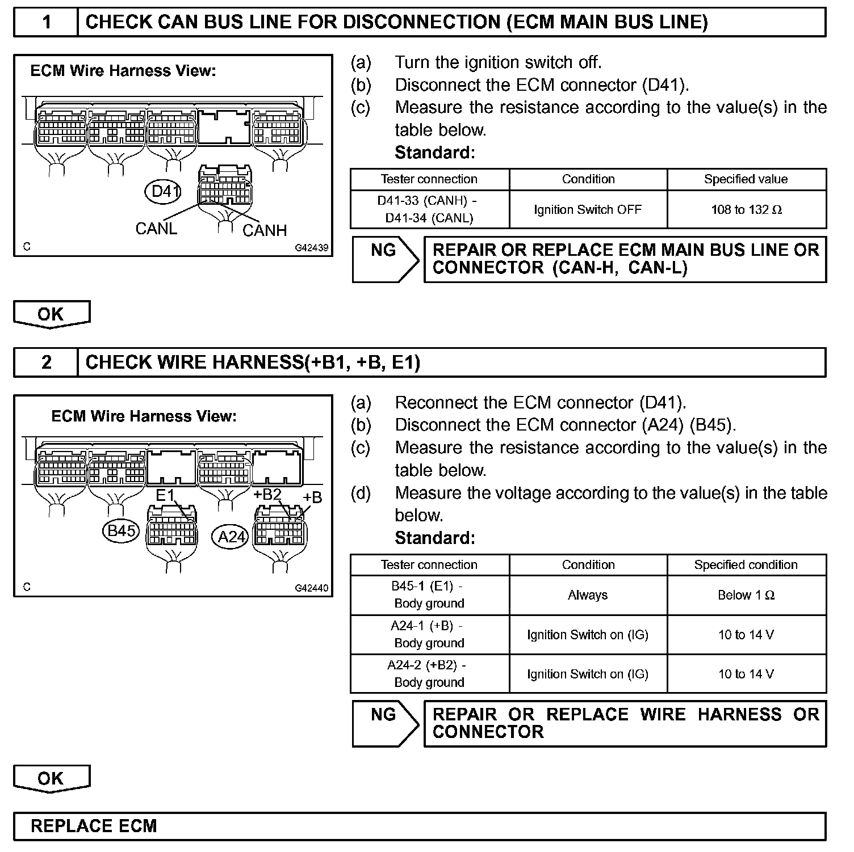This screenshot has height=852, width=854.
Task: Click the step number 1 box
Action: pos(46,22)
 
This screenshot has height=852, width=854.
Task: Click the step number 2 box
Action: pos(46,362)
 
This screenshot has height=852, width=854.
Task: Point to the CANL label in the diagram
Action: pos(156,228)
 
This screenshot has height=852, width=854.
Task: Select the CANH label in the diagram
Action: pos(265,230)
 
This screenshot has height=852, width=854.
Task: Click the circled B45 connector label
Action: pos(121,530)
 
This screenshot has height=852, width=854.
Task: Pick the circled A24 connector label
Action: pos(231,536)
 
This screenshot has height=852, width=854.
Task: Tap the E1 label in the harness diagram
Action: pos(165,495)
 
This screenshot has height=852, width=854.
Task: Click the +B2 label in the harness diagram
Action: pos(267,494)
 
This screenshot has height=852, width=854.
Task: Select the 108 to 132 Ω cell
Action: pos(746,210)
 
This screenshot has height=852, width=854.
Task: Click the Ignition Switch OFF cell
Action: pos(588,210)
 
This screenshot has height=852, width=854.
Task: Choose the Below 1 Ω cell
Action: pos(746,595)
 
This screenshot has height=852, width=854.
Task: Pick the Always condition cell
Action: pos(588,595)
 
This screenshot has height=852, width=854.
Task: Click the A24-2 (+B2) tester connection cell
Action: pos(429,674)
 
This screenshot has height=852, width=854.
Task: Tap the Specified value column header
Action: pos(746,179)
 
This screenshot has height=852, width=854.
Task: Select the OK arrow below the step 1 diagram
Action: pos(51,314)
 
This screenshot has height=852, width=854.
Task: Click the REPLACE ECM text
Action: pos(94,826)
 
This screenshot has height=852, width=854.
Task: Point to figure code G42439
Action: pos(311,248)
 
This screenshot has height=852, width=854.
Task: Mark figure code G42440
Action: pos(311,588)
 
